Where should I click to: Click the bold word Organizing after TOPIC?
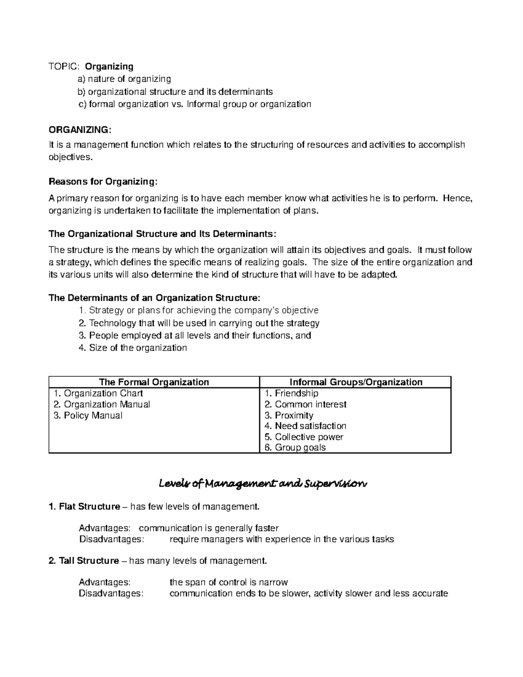(109, 66)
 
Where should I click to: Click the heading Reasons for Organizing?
(102, 181)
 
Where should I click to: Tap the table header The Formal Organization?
(154, 382)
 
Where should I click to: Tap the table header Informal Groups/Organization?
(356, 382)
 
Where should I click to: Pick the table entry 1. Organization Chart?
(98, 393)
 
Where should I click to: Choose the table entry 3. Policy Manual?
(88, 415)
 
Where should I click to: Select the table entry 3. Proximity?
(289, 415)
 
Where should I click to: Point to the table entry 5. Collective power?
(304, 437)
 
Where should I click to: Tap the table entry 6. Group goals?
(295, 448)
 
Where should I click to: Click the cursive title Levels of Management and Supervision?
(263, 484)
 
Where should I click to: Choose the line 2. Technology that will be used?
(199, 323)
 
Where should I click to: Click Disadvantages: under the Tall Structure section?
(110, 593)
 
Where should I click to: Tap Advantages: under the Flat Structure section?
(104, 528)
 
